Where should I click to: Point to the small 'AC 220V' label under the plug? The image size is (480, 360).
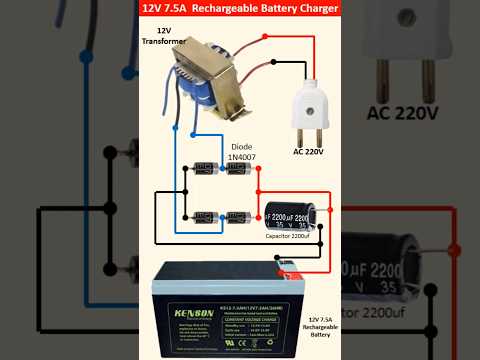tap(311, 151)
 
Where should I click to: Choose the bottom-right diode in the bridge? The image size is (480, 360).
tap(236, 216)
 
